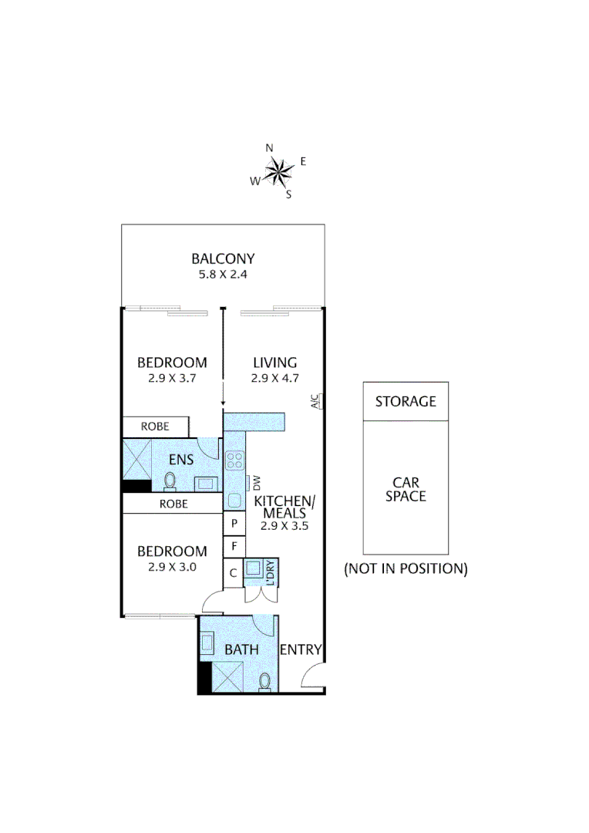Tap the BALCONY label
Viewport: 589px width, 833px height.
tap(223, 258)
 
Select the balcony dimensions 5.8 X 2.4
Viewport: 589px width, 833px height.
tap(223, 274)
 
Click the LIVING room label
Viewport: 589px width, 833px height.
tap(274, 363)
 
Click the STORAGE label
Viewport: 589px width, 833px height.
tap(406, 401)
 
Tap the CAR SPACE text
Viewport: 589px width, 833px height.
tap(406, 489)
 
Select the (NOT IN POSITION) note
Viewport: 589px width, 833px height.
tap(406, 569)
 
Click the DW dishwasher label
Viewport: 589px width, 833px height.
tap(257, 484)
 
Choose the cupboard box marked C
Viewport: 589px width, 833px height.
tap(234, 573)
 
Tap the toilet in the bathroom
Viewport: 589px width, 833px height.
tap(265, 681)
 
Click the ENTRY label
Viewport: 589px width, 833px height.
tap(300, 650)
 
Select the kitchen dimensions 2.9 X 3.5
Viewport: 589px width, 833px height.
tap(279, 526)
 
